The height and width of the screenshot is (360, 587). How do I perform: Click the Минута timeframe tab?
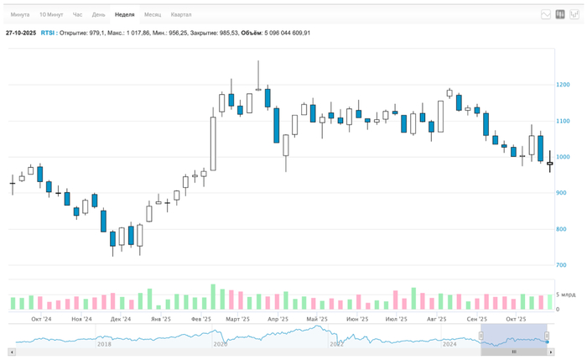click(x=20, y=15)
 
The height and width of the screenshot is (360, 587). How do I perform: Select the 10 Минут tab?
click(x=50, y=15)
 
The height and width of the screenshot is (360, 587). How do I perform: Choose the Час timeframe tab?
click(x=78, y=15)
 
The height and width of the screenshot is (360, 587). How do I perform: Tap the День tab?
click(x=99, y=15)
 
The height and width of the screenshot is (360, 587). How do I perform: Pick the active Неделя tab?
click(x=124, y=15)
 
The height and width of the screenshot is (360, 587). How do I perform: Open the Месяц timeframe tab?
click(x=153, y=15)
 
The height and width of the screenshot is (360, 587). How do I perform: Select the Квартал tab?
click(x=180, y=15)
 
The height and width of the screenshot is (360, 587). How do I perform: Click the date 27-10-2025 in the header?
click(x=20, y=33)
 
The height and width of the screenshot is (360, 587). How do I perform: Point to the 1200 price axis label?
click(x=563, y=85)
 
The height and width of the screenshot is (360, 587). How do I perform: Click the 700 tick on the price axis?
click(x=561, y=265)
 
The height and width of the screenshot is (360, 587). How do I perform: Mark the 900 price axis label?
click(x=561, y=193)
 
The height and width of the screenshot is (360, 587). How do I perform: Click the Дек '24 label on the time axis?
click(x=121, y=320)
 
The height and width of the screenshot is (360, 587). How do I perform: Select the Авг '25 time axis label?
click(x=436, y=320)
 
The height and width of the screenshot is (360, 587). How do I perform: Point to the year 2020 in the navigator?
click(x=221, y=344)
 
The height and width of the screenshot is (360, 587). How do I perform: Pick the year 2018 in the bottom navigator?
click(x=104, y=344)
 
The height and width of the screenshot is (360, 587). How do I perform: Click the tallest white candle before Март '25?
click(x=213, y=143)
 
